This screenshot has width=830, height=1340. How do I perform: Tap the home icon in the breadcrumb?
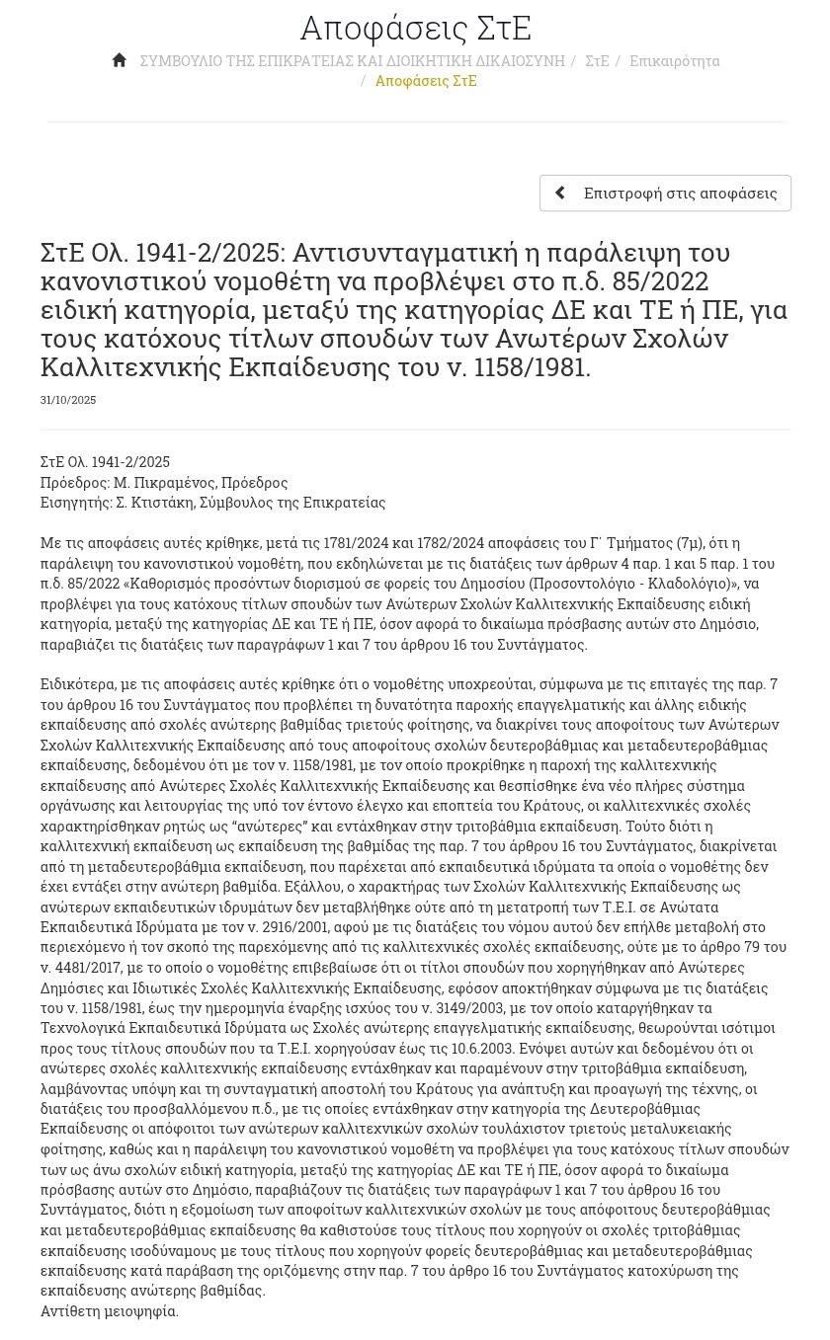(120, 61)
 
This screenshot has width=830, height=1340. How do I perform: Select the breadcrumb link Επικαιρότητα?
(674, 61)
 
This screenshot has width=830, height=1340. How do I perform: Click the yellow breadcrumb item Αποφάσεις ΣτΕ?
(426, 81)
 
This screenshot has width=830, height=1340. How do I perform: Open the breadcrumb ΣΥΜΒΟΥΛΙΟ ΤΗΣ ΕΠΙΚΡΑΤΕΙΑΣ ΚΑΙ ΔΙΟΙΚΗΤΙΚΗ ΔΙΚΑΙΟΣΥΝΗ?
(352, 61)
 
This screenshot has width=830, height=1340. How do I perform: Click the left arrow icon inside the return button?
(560, 193)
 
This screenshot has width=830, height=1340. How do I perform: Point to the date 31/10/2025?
(68, 400)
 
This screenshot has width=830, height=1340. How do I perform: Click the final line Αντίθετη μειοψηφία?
(110, 1311)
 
